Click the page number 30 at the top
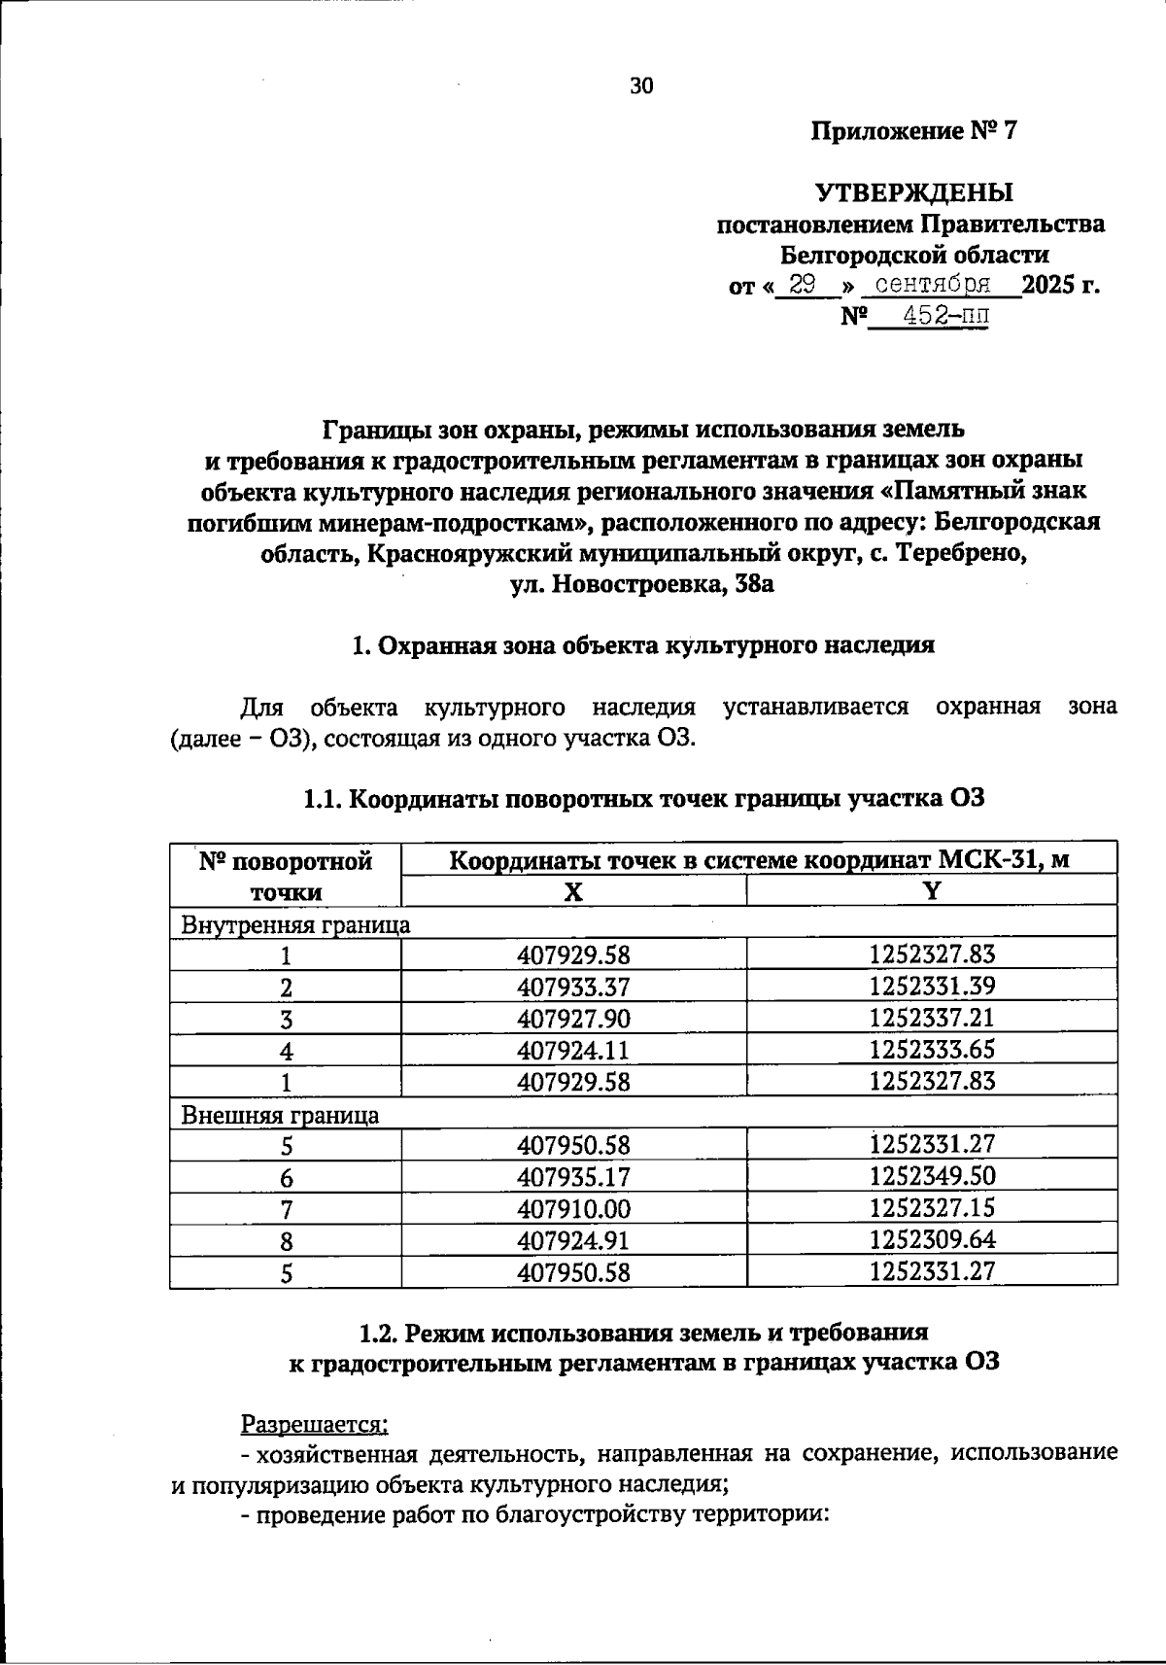[x=642, y=86]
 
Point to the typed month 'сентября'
[x=933, y=285]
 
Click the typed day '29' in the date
[x=803, y=285]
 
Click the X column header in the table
[x=573, y=891]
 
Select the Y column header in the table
[x=932, y=891]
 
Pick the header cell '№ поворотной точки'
[x=286, y=875]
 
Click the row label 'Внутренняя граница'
[x=295, y=923]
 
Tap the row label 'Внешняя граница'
[x=280, y=1114]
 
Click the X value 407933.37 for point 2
[x=573, y=988]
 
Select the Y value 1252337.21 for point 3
[x=932, y=1019]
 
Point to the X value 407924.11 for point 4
[x=573, y=1051]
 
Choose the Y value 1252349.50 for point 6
[x=932, y=1177]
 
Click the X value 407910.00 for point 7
[x=573, y=1209]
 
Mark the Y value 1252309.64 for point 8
[x=932, y=1240]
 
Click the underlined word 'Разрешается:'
[x=314, y=1424]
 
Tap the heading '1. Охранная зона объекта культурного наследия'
[x=642, y=645]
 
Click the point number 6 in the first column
[x=287, y=1178]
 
